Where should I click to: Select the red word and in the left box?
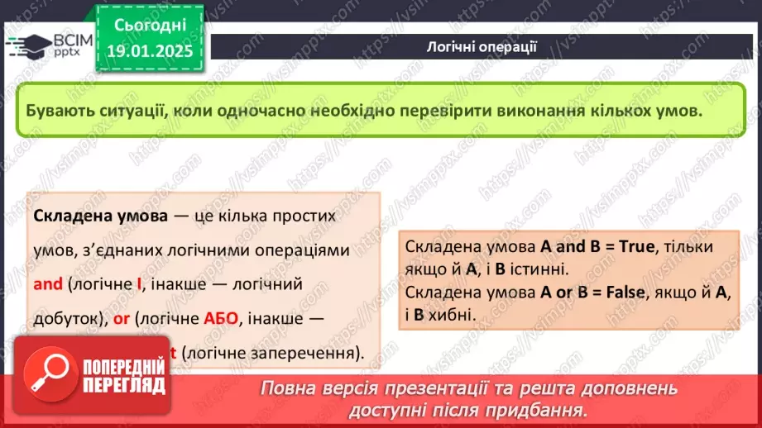[x=48, y=284]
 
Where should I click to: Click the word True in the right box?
[x=630, y=246]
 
